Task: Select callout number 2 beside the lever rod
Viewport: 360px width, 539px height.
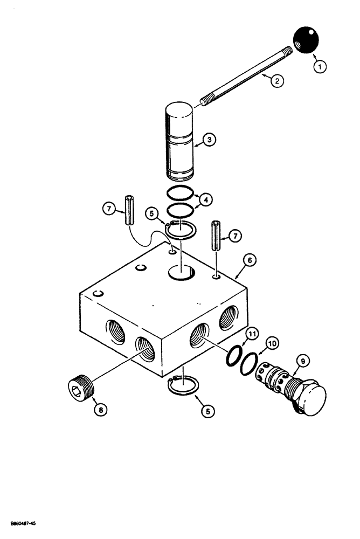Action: point(276,82)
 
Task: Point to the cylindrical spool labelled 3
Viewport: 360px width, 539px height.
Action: point(178,144)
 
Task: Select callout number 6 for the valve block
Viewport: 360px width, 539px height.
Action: point(249,260)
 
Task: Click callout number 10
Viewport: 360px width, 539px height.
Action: point(272,342)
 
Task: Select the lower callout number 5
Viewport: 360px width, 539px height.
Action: point(207,410)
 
